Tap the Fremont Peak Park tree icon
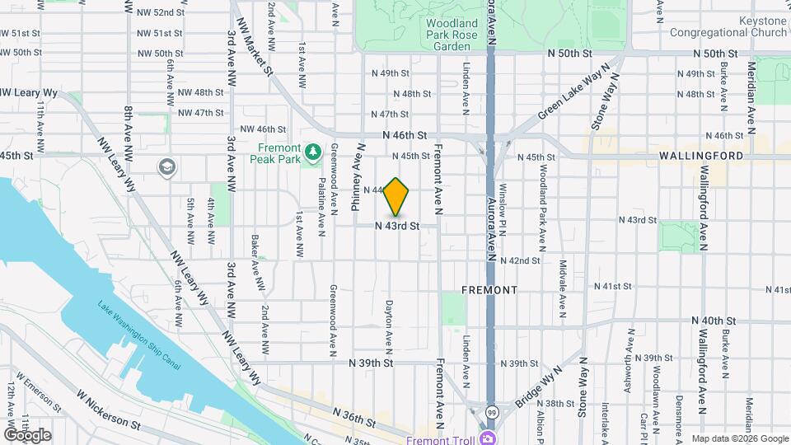coord(312,152)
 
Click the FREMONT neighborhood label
coord(489,290)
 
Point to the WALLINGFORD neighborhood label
coord(700,155)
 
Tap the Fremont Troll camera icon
coord(488,438)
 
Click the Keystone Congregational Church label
coord(728,27)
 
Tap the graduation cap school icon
coord(166,167)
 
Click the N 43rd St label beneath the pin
coord(398,225)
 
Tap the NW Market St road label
coord(255,47)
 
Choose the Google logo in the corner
coord(27,434)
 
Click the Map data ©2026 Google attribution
coord(739,438)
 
